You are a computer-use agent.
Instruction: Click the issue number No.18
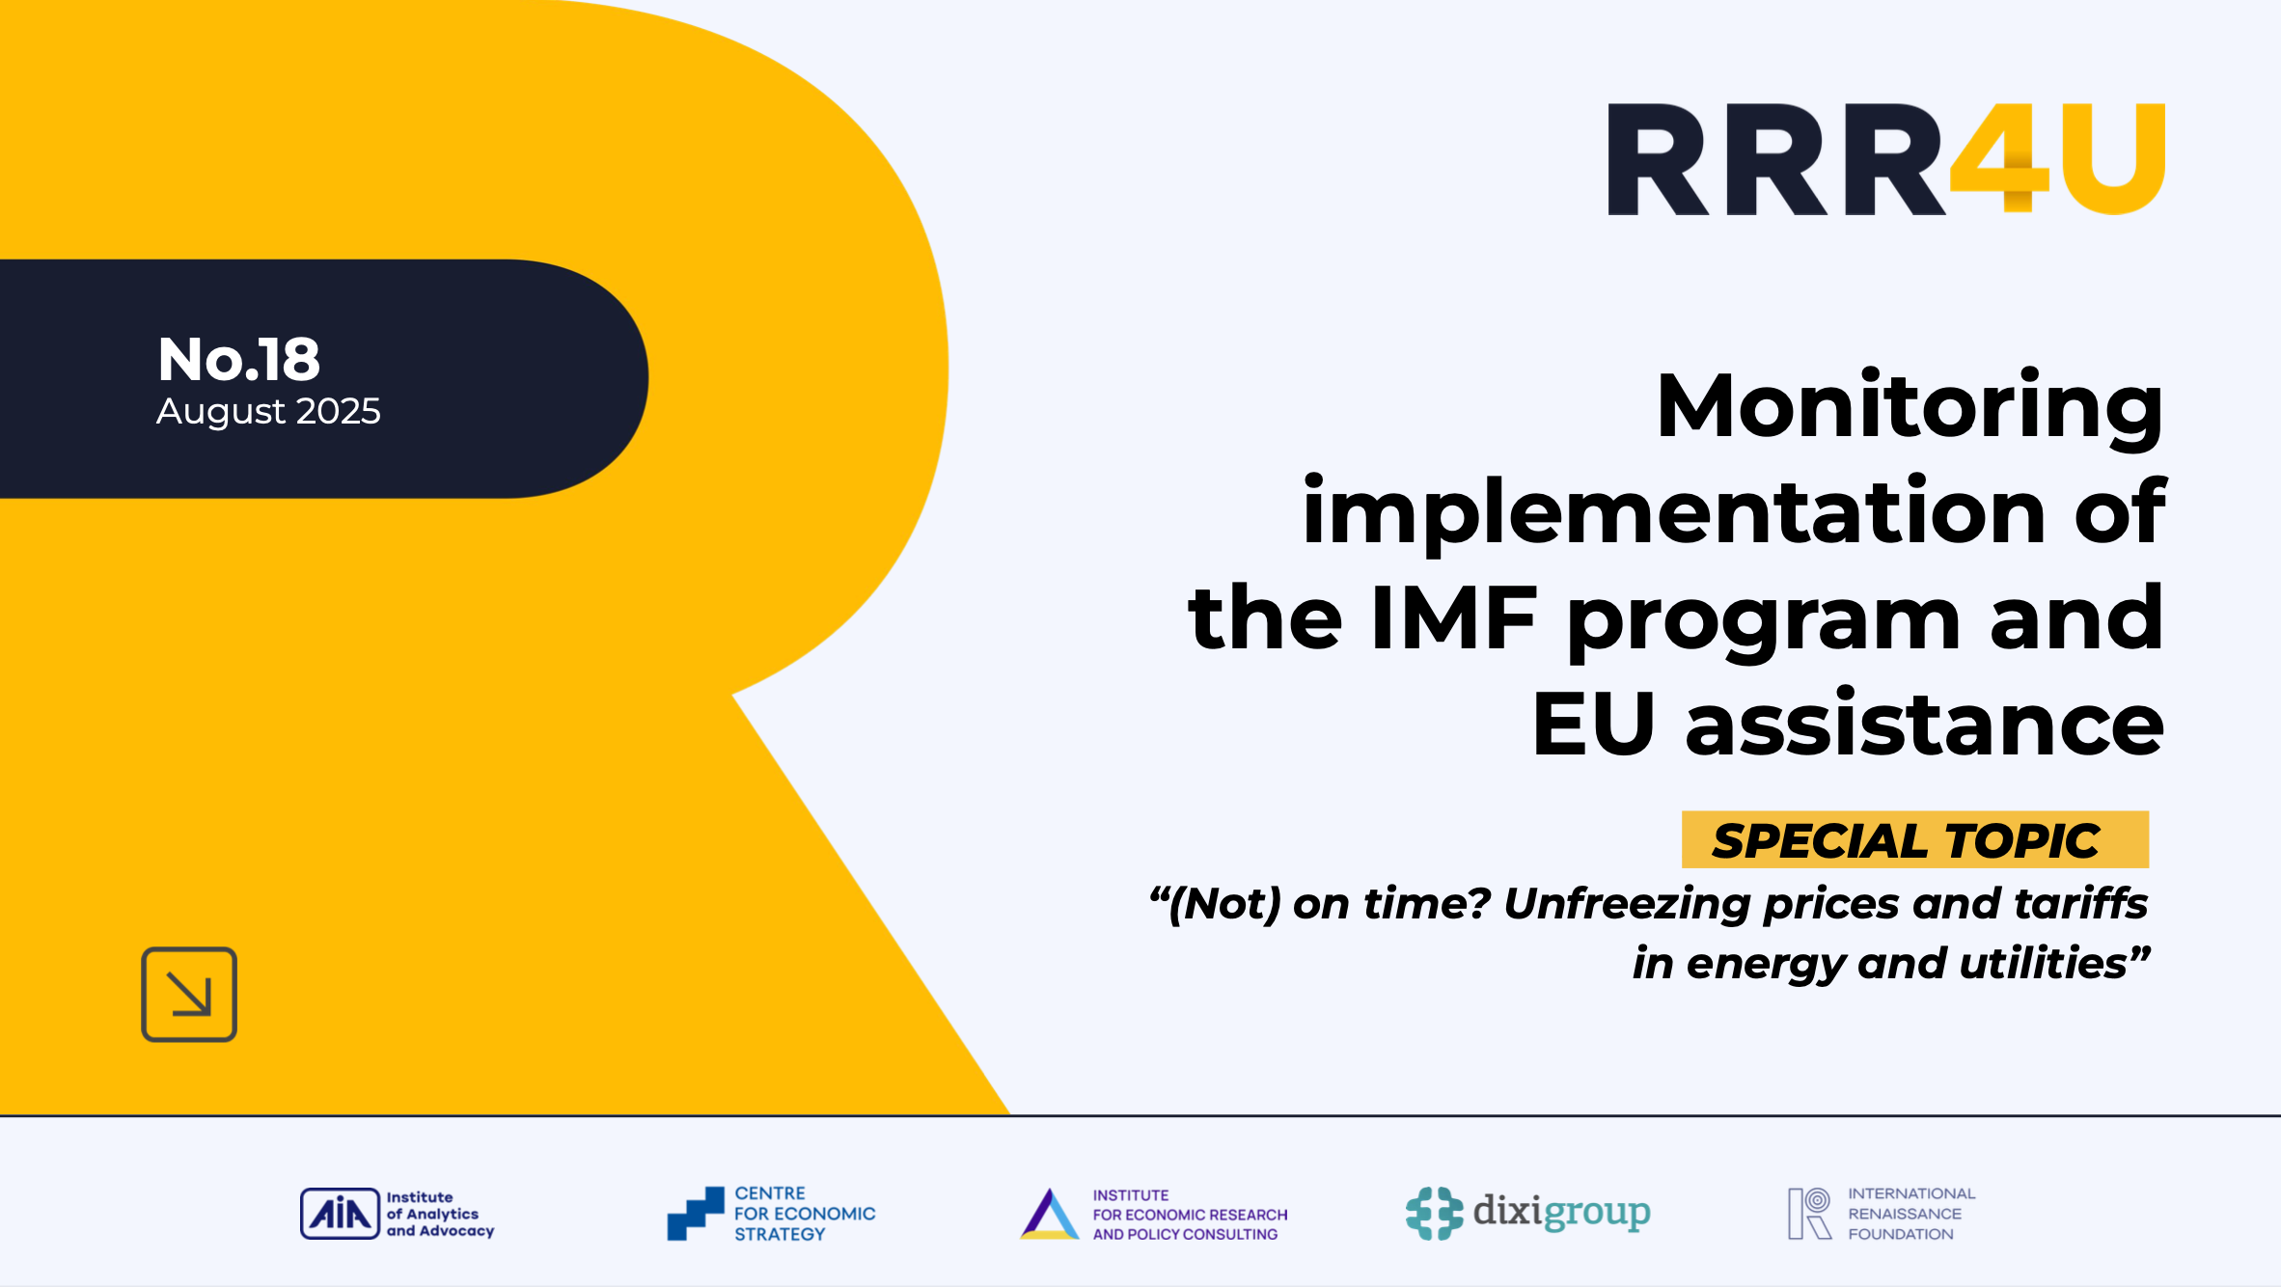pos(238,359)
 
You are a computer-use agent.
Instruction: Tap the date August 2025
pos(268,412)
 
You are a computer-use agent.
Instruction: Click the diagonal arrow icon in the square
pos(189,995)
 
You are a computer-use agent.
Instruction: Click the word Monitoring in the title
pos(1910,407)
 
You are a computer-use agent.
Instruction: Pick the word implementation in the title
pos(1673,512)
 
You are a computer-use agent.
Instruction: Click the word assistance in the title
pos(1924,725)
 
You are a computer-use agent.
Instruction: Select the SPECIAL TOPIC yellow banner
pos(1914,840)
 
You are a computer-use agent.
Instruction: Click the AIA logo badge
pos(340,1214)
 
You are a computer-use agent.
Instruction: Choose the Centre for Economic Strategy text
pos(804,1214)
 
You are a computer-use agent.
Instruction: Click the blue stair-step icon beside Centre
pos(696,1214)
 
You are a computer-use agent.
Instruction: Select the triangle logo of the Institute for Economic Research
pos(1049,1215)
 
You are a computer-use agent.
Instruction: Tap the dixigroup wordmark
pos(1561,1212)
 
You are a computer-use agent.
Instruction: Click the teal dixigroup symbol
pos(1434,1214)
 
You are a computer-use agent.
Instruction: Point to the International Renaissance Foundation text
pos(1910,1214)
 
